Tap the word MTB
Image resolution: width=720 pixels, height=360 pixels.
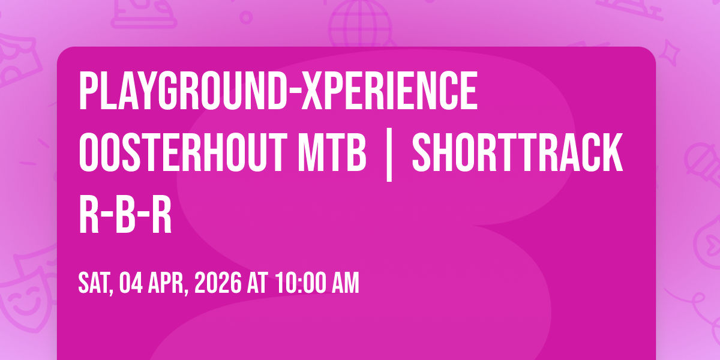click(332, 152)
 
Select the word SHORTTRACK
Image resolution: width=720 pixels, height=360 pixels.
click(517, 152)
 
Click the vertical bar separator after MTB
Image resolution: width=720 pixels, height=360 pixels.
click(389, 155)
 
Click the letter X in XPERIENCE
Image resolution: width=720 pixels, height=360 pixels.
click(311, 91)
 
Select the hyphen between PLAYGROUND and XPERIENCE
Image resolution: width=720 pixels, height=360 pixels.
click(294, 91)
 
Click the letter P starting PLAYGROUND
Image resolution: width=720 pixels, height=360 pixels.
click(88, 91)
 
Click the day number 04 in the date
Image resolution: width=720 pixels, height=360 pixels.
click(131, 283)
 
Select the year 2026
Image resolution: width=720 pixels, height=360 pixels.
click(218, 283)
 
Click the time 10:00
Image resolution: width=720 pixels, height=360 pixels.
click(301, 283)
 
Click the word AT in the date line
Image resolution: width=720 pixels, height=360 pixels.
click(257, 283)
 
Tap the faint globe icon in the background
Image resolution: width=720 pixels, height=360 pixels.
click(361, 23)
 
